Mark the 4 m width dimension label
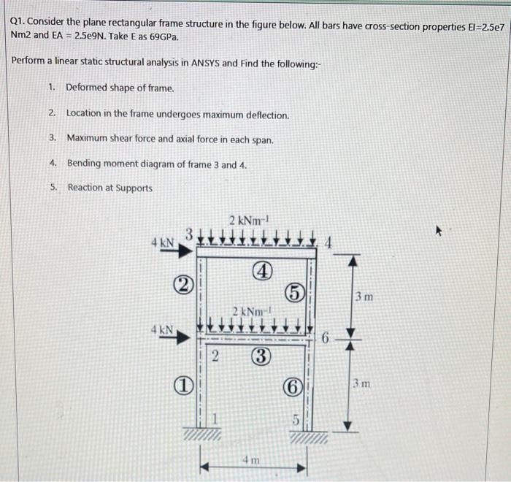click(250, 460)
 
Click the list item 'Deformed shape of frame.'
click(120, 88)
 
